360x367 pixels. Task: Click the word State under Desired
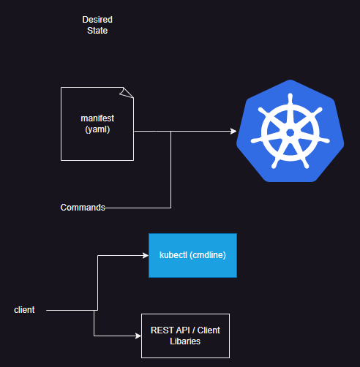97,31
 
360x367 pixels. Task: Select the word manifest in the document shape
97,118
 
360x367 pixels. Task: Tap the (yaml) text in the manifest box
97,129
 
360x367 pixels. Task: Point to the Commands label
83,208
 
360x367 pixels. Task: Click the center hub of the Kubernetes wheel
290,132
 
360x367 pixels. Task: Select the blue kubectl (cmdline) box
192,255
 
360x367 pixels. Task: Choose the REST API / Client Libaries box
185,336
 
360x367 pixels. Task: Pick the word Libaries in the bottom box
185,341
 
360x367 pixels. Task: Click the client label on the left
25,310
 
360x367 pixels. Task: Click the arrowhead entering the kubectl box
145,256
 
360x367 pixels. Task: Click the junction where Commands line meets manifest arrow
171,132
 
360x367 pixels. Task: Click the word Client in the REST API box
207,330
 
